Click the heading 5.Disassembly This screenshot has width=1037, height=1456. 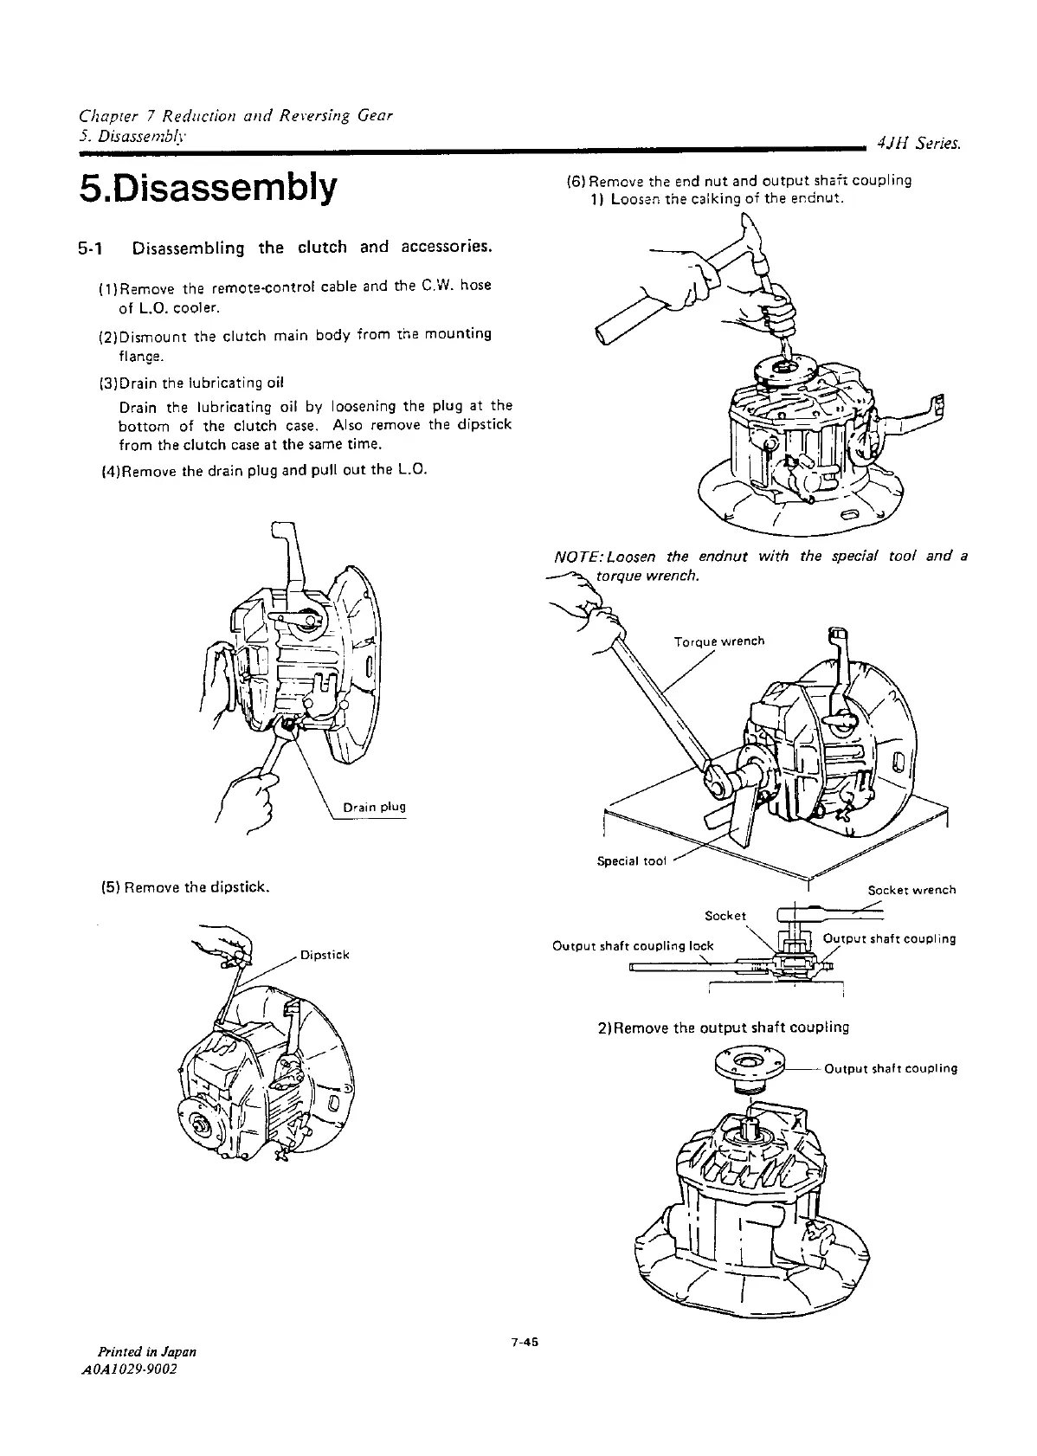pos(206,188)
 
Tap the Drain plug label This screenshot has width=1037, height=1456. pos(374,807)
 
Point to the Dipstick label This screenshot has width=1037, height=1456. pos(324,955)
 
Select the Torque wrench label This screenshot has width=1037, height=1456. pos(718,641)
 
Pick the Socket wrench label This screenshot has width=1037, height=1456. pos(911,889)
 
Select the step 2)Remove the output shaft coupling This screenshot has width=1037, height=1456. pos(723,1028)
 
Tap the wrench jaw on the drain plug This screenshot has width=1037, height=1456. pos(287,729)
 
